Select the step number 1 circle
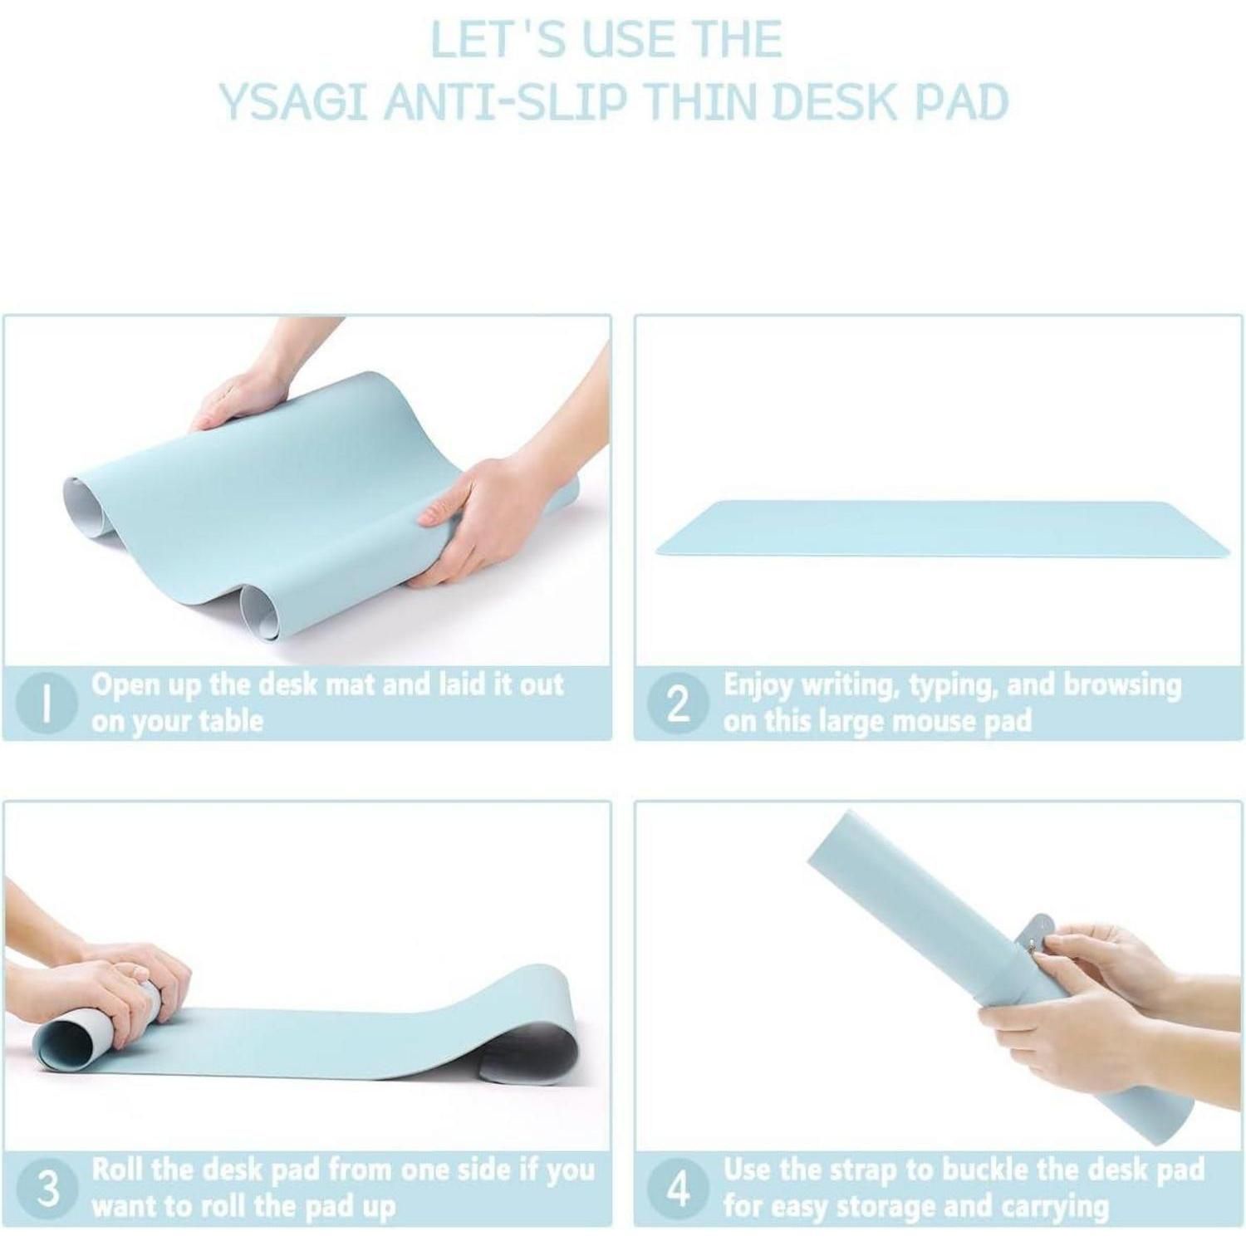(47, 703)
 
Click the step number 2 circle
(679, 703)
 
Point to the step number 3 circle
(49, 1188)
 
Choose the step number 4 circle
(679, 1188)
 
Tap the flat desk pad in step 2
(943, 528)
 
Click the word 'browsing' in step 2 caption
(1122, 686)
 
